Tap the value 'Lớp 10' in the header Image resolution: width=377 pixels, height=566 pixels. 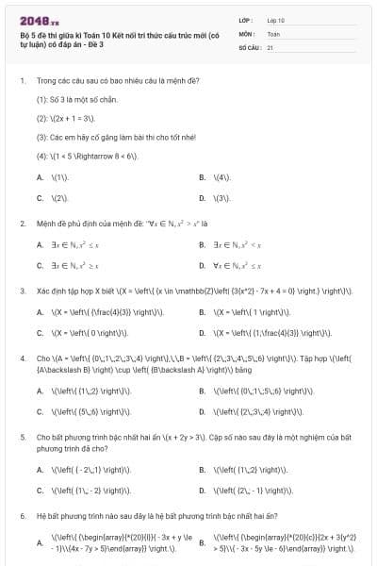click(276, 20)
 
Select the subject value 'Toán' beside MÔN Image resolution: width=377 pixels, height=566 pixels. click(273, 33)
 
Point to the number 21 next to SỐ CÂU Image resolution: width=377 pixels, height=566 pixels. click(270, 46)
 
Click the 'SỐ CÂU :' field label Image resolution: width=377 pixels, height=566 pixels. click(249, 46)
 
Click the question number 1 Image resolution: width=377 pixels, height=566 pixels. click(22, 80)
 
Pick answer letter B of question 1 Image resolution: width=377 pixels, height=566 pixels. click(202, 177)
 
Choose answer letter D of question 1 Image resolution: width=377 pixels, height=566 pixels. click(202, 198)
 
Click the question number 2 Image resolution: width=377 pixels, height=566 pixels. click(22, 224)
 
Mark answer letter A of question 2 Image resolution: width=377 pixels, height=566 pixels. click(40, 245)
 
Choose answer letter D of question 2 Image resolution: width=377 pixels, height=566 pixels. click(202, 266)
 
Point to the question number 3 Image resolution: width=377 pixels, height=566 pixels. click(22, 291)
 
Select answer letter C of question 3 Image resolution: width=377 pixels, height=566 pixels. click(40, 333)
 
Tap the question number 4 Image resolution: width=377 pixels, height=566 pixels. click(22, 358)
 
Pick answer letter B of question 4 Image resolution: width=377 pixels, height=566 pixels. click(202, 390)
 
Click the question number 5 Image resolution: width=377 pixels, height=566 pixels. click(22, 438)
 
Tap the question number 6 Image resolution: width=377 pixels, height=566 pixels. click(22, 516)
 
